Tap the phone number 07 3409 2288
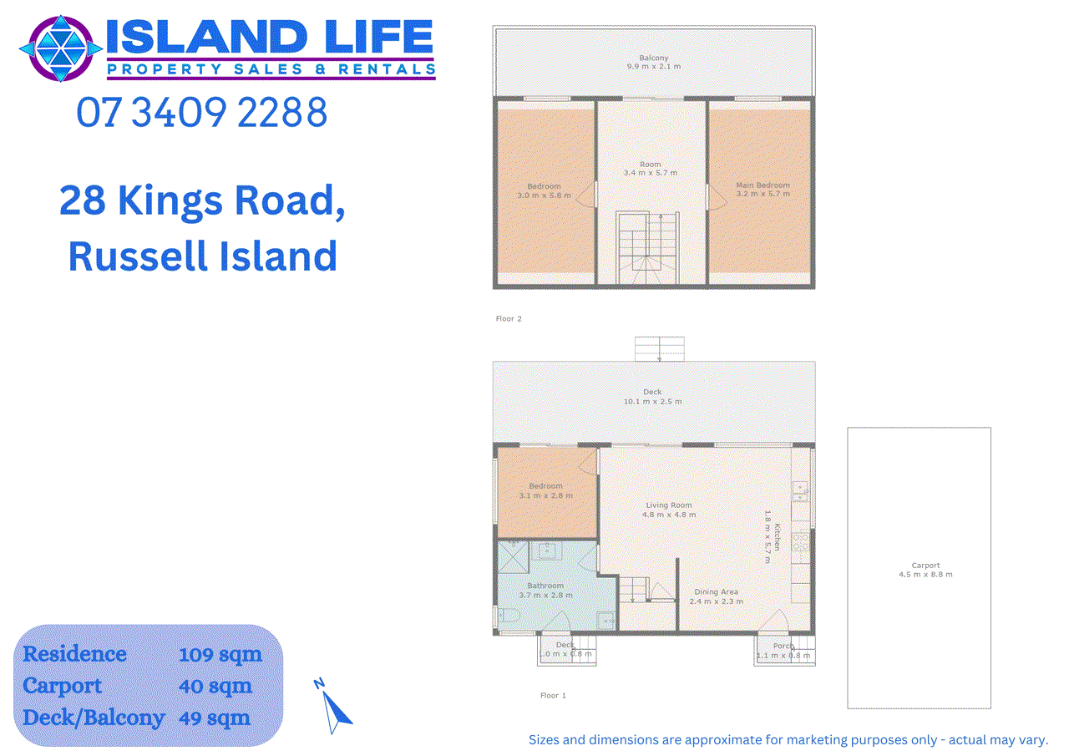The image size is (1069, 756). [201, 113]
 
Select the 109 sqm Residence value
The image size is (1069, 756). [220, 654]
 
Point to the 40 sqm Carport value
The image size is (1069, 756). [215, 686]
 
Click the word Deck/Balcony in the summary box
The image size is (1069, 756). [94, 718]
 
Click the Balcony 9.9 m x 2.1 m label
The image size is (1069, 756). [654, 62]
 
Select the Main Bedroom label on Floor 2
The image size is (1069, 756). [762, 190]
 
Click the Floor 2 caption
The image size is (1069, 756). [509, 319]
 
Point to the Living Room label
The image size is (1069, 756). [668, 510]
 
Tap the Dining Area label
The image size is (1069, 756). [716, 596]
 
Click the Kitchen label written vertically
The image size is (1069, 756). [777, 536]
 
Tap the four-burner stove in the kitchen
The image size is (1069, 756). [800, 541]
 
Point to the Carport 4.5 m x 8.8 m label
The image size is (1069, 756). [925, 570]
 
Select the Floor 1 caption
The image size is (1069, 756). [553, 696]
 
